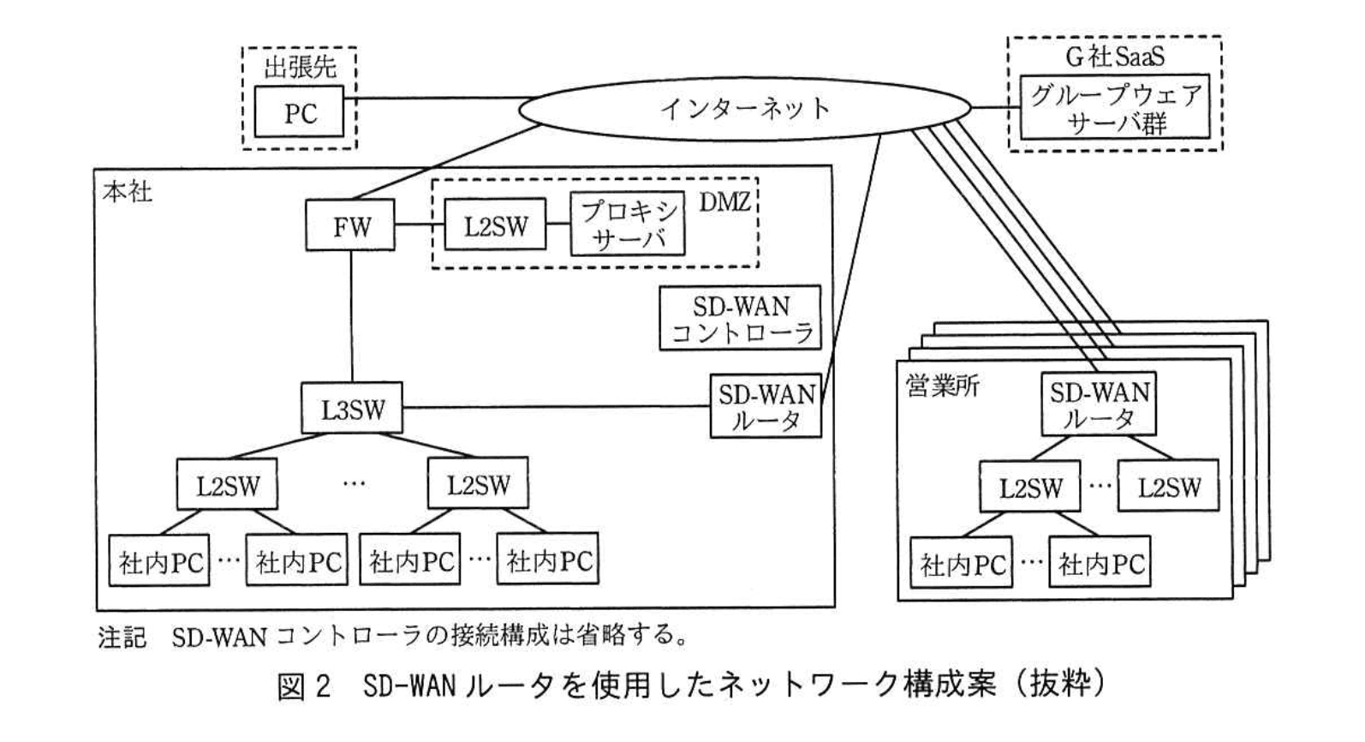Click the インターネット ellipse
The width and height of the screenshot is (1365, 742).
(x=745, y=109)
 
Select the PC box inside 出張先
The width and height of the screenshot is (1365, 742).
(x=300, y=112)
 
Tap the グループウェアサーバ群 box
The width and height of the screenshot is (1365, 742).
(x=1115, y=109)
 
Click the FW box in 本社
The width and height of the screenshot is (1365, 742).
(x=351, y=226)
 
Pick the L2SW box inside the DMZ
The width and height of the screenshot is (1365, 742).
(x=496, y=226)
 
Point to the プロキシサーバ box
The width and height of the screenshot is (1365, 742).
(x=628, y=224)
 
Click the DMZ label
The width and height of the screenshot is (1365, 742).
(x=724, y=202)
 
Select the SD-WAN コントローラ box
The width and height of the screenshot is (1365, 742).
(x=740, y=319)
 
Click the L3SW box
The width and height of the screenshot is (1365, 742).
(x=352, y=409)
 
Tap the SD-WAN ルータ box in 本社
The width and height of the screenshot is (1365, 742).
(x=766, y=406)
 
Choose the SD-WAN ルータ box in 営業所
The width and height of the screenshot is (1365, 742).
(x=1099, y=404)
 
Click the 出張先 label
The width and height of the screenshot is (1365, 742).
(x=299, y=67)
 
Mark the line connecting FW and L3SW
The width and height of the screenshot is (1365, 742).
(x=352, y=317)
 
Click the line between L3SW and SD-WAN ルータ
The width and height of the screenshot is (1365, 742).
(x=557, y=407)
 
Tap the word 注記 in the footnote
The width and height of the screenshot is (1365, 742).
(x=122, y=637)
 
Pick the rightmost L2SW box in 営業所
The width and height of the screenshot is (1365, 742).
(x=1168, y=487)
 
